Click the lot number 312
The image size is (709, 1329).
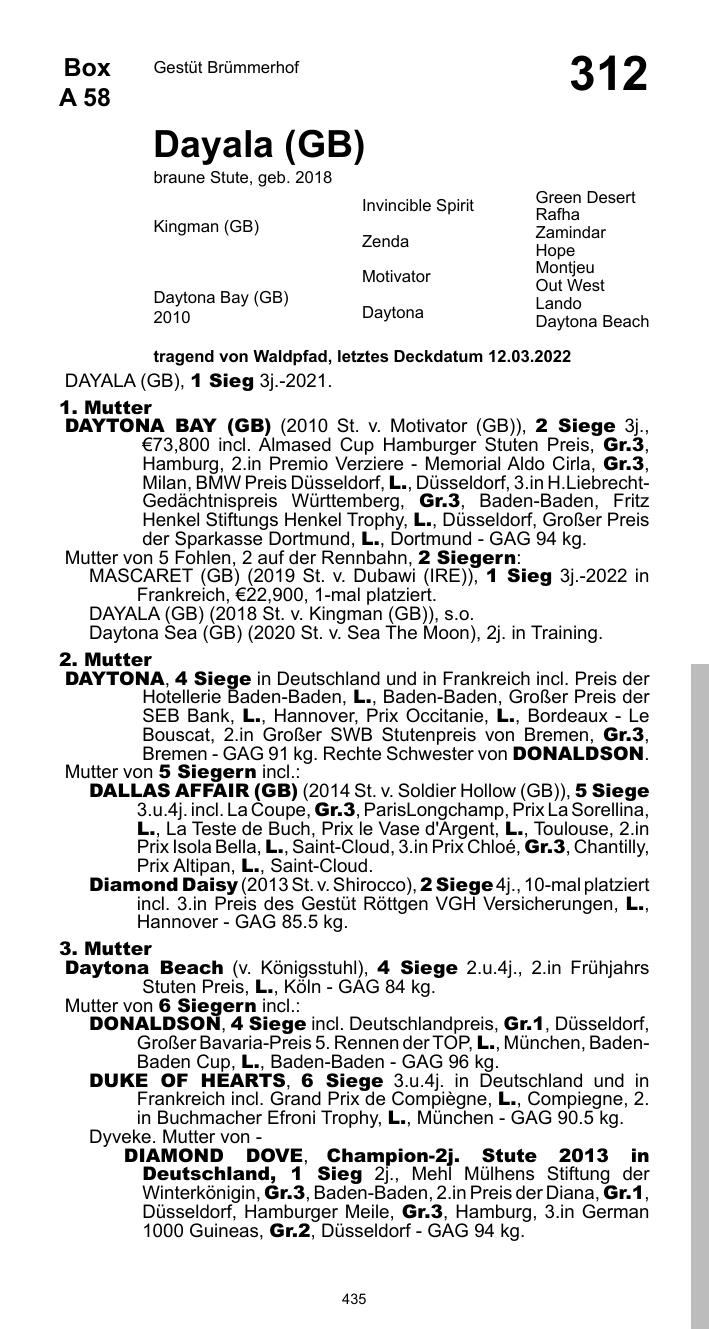[608, 75]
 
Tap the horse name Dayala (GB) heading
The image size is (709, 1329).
[258, 146]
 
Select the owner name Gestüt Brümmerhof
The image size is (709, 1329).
[226, 68]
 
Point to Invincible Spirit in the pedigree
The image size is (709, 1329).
[418, 206]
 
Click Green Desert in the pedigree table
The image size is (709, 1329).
[585, 198]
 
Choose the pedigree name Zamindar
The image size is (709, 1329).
[570, 233]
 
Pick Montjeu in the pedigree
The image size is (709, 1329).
[565, 268]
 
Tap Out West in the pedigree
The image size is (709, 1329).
[570, 286]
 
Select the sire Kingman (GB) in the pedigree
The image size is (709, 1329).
[206, 227]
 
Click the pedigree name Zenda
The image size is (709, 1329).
[385, 242]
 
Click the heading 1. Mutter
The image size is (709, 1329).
[105, 408]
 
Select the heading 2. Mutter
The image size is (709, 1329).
[105, 660]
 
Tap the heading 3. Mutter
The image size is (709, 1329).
[105, 948]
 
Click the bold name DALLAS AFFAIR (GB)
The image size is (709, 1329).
[193, 790]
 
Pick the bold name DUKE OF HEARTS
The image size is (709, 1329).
[187, 1081]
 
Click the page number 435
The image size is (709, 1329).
[354, 1299]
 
